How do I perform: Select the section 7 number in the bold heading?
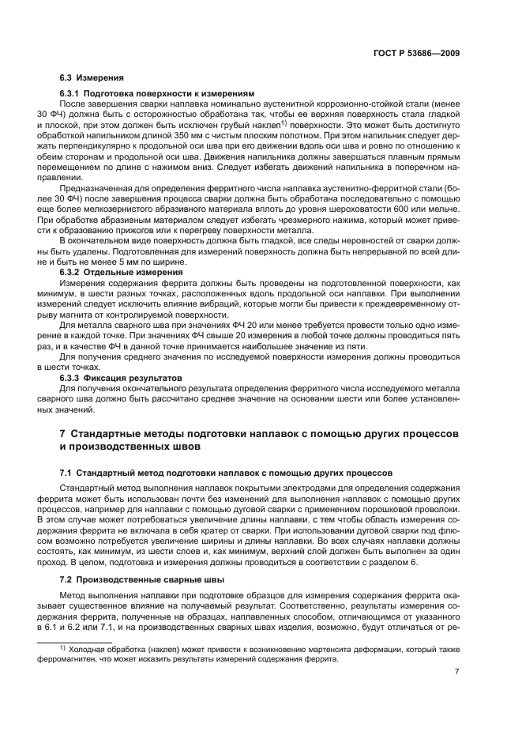click(x=63, y=435)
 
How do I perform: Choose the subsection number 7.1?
click(x=67, y=472)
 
